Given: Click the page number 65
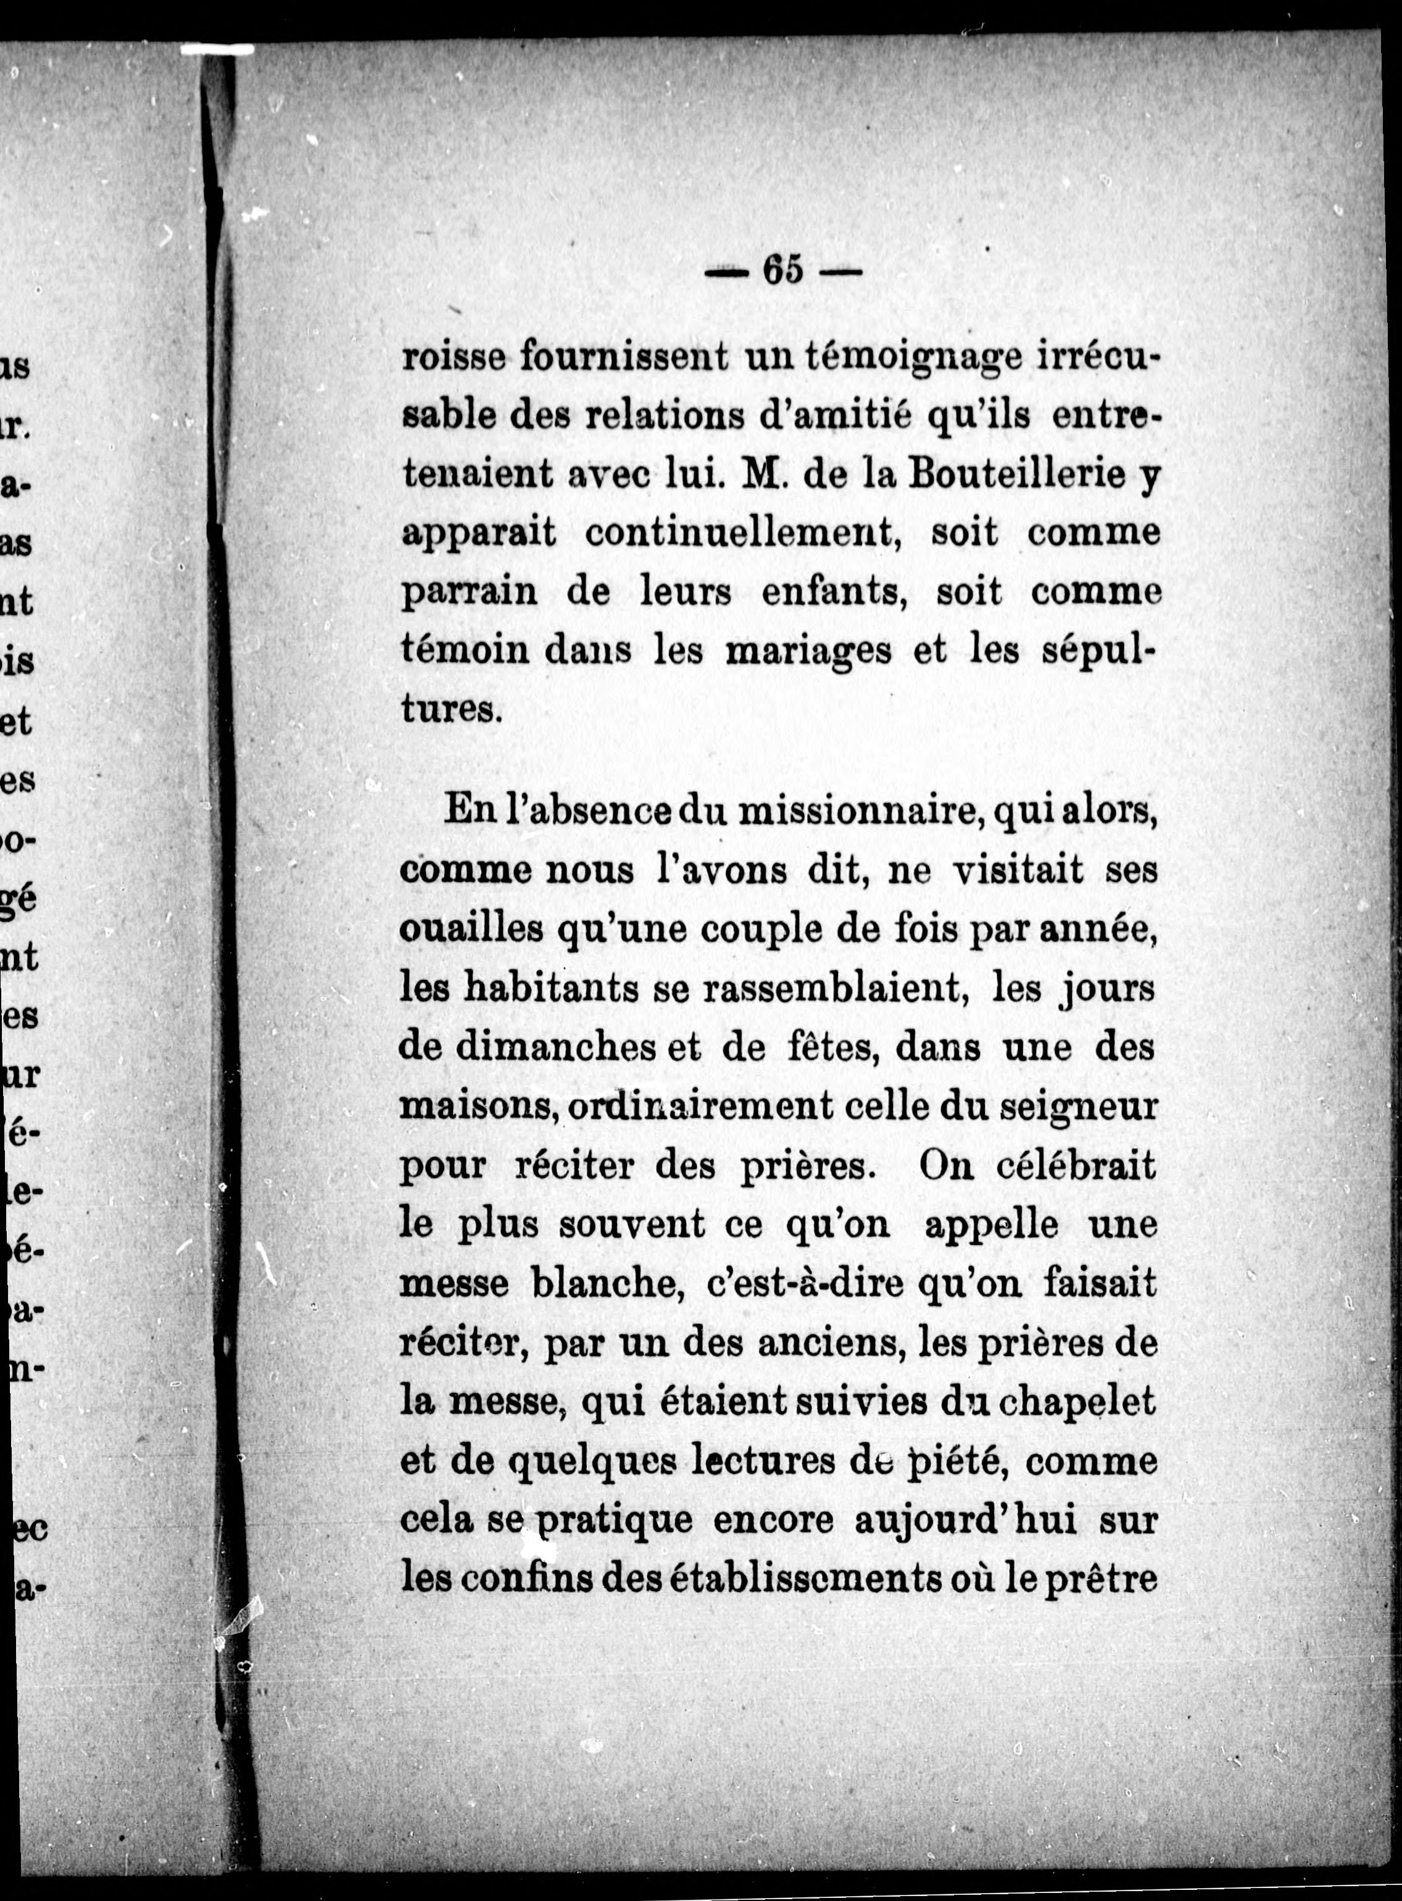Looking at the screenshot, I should click(x=782, y=271).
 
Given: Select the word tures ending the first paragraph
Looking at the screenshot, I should click(x=450, y=708).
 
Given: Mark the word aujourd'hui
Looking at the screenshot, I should click(x=966, y=1519).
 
